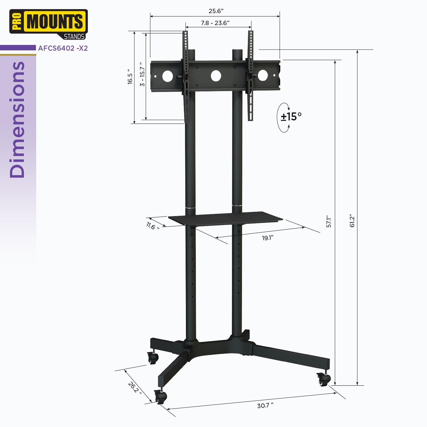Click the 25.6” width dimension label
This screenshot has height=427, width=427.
point(216,11)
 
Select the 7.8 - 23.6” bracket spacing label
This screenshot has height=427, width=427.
point(215,23)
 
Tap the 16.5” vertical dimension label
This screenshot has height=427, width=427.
point(130,77)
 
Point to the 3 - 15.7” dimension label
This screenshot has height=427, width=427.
point(142,75)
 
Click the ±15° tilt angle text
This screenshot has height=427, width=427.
point(291,117)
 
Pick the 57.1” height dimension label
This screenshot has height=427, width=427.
point(329,221)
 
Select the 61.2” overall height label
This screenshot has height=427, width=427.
point(352,221)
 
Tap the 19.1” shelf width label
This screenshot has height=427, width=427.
point(268,238)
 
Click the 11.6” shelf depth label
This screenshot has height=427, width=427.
point(153,226)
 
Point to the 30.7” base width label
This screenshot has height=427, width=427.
point(265,405)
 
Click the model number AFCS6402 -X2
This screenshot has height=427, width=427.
point(63,48)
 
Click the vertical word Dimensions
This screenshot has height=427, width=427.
point(18,120)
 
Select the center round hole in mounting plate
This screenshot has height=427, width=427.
point(216,76)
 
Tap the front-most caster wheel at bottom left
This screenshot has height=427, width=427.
point(160,397)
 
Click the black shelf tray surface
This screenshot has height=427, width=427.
point(225,218)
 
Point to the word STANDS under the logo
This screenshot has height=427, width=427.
point(74,37)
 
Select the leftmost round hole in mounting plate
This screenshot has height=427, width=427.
point(168,76)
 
